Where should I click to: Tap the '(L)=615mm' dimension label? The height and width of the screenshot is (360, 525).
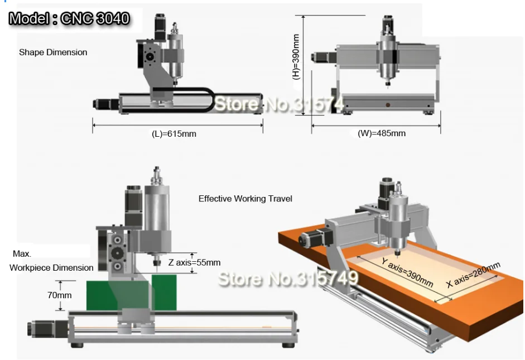(x=174, y=134)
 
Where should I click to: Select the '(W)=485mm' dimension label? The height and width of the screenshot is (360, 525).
(x=382, y=133)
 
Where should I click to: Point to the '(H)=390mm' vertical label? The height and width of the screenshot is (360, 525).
(x=296, y=56)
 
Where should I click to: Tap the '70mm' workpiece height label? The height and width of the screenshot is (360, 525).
(x=59, y=295)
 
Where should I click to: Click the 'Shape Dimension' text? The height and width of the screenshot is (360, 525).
(x=53, y=52)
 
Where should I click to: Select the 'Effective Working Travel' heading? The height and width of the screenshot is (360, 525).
(x=245, y=198)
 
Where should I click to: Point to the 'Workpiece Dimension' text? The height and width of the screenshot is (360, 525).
(x=51, y=267)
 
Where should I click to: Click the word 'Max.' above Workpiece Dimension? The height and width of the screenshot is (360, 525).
(x=22, y=254)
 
